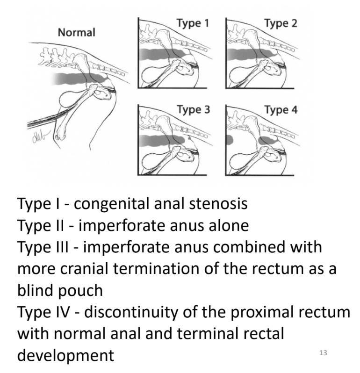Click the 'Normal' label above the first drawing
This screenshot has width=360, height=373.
click(x=76, y=33)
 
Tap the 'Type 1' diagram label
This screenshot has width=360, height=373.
click(x=192, y=22)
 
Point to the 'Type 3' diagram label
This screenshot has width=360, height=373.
click(x=192, y=111)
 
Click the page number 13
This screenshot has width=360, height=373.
click(x=323, y=352)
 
